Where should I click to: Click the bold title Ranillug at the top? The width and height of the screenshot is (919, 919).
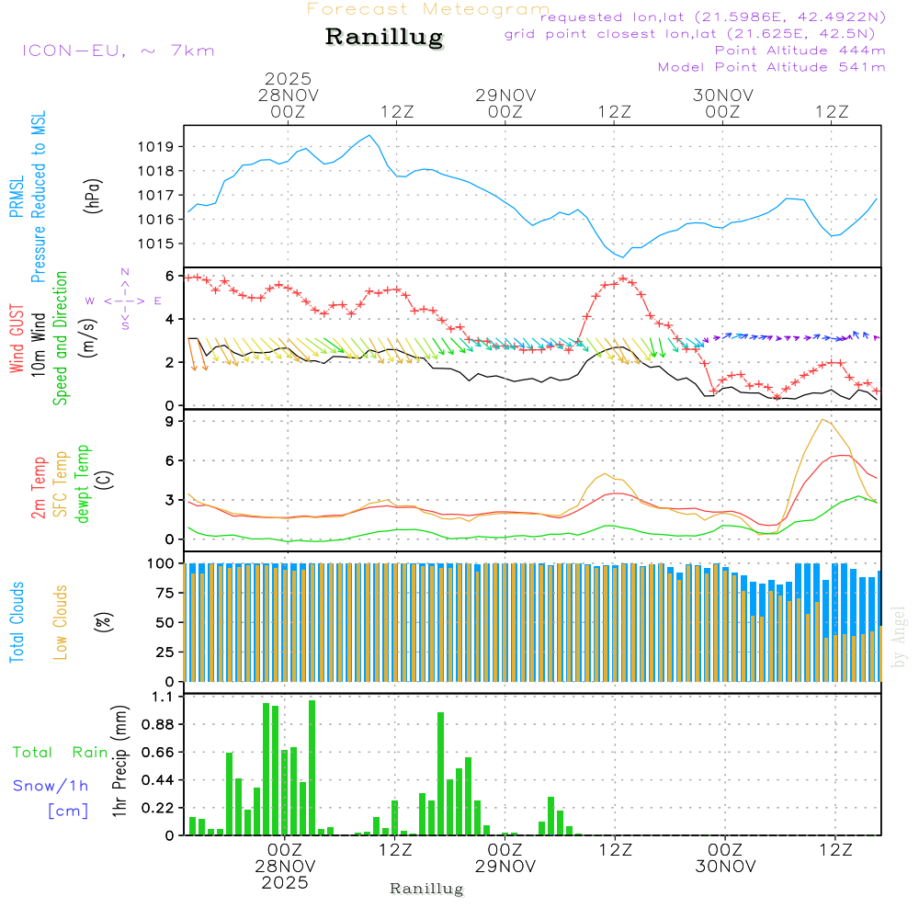tap(384, 38)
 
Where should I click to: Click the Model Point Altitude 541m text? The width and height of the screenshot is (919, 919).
tap(771, 67)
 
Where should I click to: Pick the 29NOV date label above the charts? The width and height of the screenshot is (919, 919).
tap(505, 95)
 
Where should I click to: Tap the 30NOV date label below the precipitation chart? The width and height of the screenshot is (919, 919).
tap(724, 866)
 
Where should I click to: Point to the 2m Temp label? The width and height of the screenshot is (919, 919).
tap(40, 486)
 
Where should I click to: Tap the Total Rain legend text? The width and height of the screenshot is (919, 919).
tap(60, 753)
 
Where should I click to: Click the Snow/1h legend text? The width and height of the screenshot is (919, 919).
tap(51, 786)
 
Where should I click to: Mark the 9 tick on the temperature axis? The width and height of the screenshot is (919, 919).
tap(169, 422)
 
